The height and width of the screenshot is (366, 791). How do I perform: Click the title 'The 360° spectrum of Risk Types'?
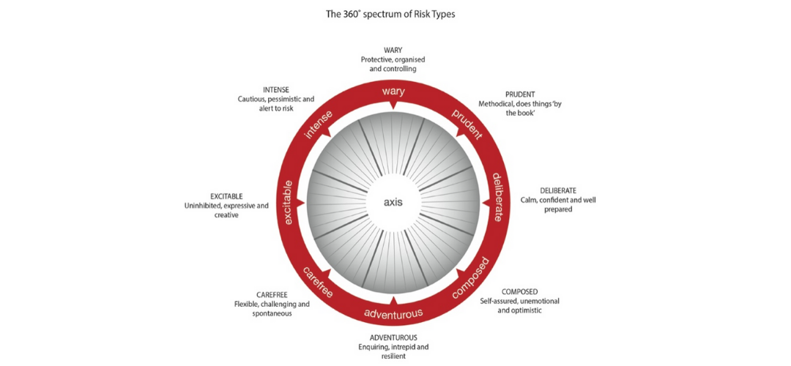[x=390, y=15]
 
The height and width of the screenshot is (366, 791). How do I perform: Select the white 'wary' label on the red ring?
[x=393, y=91]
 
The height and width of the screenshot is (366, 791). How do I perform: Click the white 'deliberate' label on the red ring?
[x=497, y=197]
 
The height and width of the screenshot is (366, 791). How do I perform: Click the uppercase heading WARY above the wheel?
[x=393, y=51]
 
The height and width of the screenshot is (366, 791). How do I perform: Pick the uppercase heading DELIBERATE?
[x=558, y=191]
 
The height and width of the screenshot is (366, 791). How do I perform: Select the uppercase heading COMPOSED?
[x=519, y=292]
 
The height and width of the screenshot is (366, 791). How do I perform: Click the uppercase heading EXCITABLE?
[x=226, y=196]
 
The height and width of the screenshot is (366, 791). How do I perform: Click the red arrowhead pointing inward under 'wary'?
[x=393, y=104]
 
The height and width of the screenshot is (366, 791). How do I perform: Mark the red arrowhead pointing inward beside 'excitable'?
[x=301, y=203]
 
